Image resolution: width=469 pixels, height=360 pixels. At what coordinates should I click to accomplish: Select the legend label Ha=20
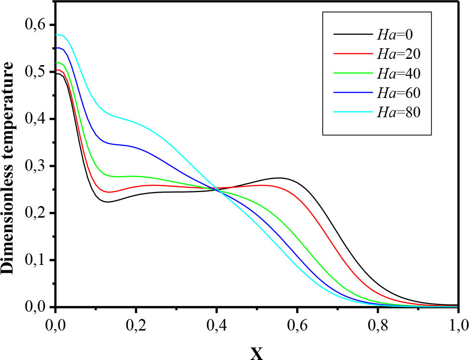398,54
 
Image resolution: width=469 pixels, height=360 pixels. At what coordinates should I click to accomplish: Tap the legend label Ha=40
398,73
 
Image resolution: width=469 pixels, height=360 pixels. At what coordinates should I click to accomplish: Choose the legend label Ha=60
398,93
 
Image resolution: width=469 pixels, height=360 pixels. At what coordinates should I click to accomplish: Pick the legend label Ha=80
398,112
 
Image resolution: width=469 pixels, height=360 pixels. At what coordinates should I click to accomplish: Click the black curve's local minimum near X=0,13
108,202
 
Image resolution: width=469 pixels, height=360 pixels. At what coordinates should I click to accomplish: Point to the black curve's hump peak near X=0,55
279,178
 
